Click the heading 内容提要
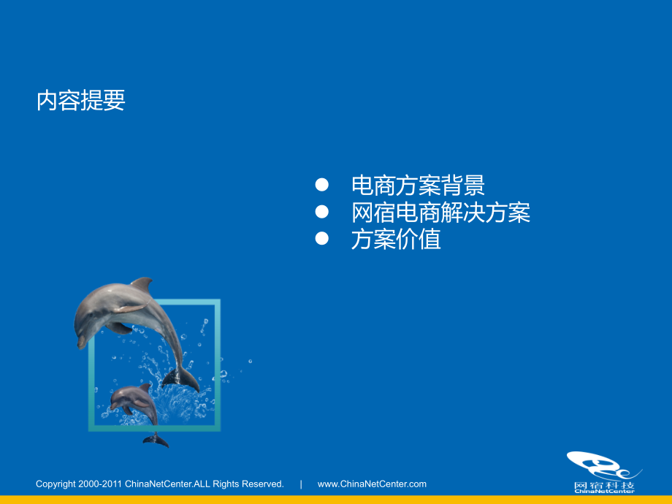(x=81, y=101)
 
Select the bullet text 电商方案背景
(x=418, y=186)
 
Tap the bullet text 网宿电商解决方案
(x=440, y=213)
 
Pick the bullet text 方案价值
(x=396, y=240)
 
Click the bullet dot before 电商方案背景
(x=321, y=184)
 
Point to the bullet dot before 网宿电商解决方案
(x=321, y=212)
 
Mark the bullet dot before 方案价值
(x=321, y=239)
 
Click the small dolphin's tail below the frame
(x=156, y=440)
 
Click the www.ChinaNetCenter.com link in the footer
(x=372, y=484)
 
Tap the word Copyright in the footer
(x=56, y=484)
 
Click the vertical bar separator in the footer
(x=301, y=484)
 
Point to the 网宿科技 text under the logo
(x=603, y=485)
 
